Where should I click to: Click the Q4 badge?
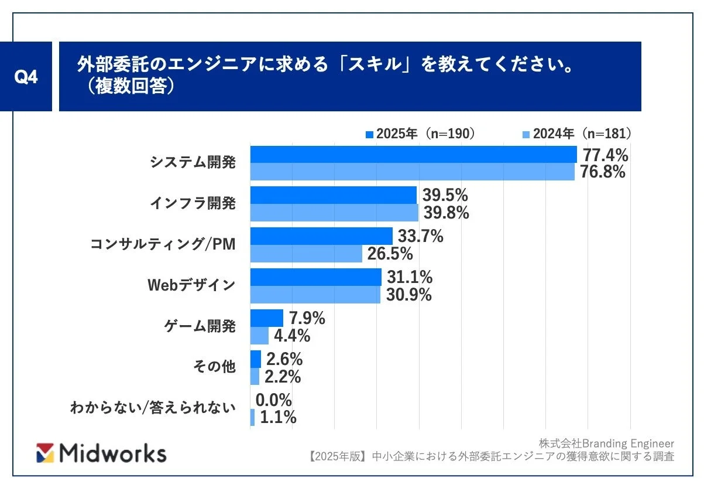pyautogui.click(x=26, y=77)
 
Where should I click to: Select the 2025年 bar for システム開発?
pyautogui.click(x=413, y=155)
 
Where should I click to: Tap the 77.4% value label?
pyautogui.click(x=603, y=155)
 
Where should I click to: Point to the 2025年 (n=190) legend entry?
pyautogui.click(x=420, y=134)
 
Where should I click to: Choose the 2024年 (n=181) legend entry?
pyautogui.click(x=576, y=134)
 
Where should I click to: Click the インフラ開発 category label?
pyautogui.click(x=193, y=204)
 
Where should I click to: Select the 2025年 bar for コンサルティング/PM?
pyautogui.click(x=321, y=236)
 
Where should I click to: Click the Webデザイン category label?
pyautogui.click(x=191, y=285)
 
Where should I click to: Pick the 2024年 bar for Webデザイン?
pyautogui.click(x=315, y=295)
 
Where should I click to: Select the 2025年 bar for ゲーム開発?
pyautogui.click(x=267, y=318)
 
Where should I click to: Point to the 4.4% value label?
pyautogui.click(x=291, y=336)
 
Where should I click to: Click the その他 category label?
pyautogui.click(x=214, y=367)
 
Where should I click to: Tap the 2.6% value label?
pyautogui.click(x=284, y=359)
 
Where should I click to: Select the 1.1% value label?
pyautogui.click(x=277, y=418)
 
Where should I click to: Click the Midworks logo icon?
pyautogui.click(x=45, y=453)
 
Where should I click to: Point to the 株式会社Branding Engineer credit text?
pyautogui.click(x=606, y=443)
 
